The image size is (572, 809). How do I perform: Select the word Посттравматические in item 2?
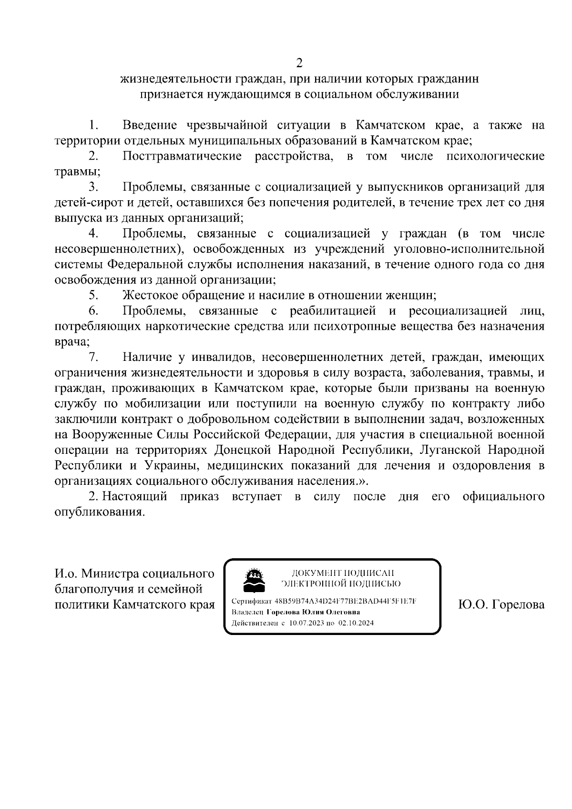click(x=182, y=157)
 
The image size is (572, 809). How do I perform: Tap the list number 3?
click(x=93, y=188)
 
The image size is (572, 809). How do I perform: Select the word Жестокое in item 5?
click(x=149, y=296)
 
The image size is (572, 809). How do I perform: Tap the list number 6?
click(x=93, y=312)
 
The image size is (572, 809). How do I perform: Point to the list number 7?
click(x=93, y=358)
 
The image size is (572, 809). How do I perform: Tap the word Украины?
click(x=167, y=466)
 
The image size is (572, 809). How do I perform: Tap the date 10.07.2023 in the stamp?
click(x=305, y=623)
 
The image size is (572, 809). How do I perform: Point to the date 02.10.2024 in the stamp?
click(x=357, y=623)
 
